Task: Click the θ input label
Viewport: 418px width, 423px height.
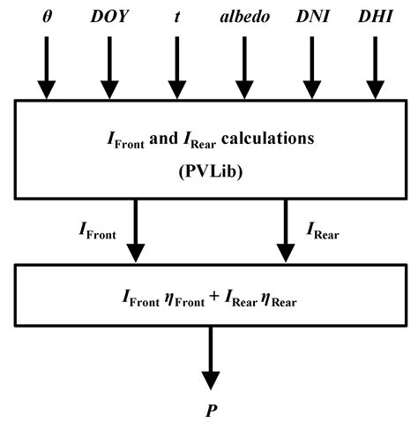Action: click(45, 17)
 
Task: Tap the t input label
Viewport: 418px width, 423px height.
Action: click(179, 17)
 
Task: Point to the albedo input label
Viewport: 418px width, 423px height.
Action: click(244, 17)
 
